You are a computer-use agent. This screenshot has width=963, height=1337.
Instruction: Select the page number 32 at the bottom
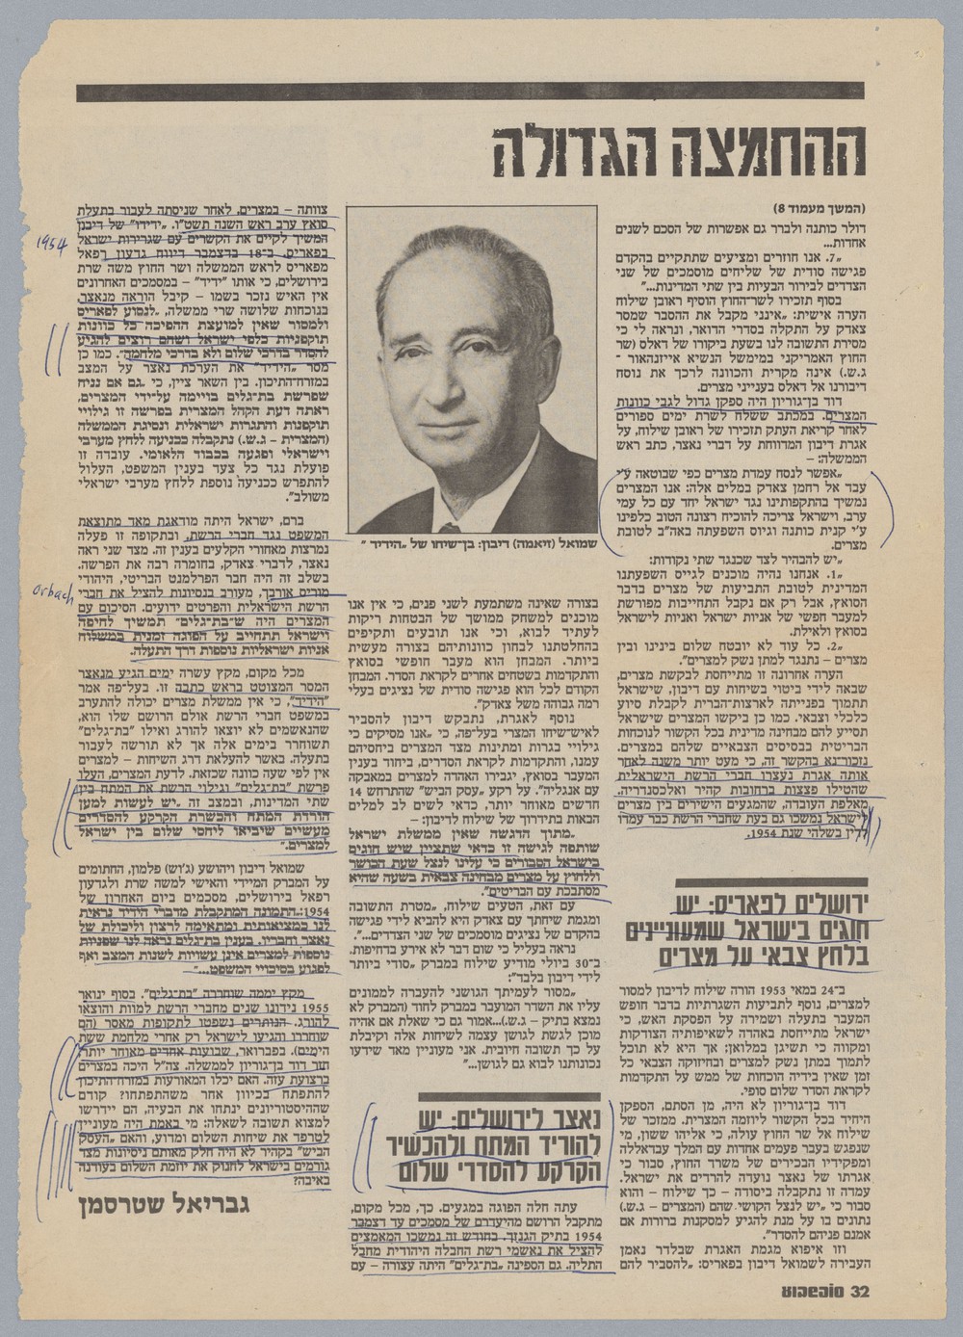[855, 1291]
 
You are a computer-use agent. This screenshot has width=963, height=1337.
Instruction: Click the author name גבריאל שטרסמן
[168, 1202]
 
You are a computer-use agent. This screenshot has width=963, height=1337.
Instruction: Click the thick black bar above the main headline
[472, 93]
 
